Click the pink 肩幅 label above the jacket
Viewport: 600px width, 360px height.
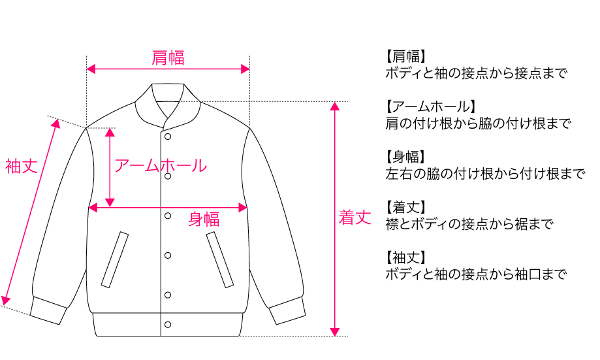[x=168, y=57]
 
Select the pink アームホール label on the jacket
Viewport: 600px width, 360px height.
[x=161, y=165]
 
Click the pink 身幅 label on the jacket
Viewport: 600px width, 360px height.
[x=204, y=219]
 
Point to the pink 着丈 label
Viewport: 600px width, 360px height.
[x=355, y=218]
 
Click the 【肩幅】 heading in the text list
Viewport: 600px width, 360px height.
[x=406, y=56]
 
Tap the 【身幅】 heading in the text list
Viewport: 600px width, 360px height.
[x=406, y=157]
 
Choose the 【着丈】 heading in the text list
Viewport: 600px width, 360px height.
[x=406, y=208]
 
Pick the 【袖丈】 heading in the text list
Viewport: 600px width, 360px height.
[x=406, y=258]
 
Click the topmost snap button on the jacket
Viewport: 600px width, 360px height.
[x=168, y=137]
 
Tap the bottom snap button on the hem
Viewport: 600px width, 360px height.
[x=168, y=324]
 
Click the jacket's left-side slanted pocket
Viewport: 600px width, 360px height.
[x=114, y=259]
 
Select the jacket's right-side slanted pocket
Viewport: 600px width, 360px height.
[x=220, y=259]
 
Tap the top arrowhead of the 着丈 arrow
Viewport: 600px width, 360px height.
[x=335, y=106]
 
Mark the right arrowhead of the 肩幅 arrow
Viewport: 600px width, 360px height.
[x=245, y=69]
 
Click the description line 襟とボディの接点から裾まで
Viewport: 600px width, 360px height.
[x=469, y=224]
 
